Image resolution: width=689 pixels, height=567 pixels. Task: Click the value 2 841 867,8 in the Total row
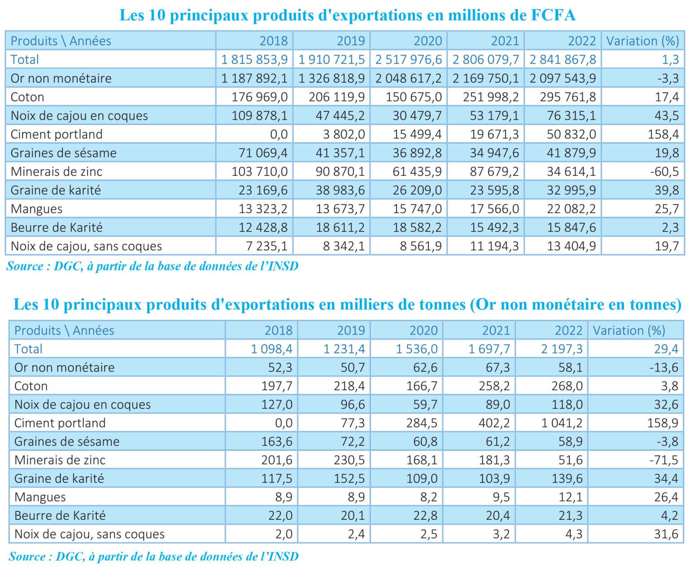563,60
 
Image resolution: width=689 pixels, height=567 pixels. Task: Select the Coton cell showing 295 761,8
568,97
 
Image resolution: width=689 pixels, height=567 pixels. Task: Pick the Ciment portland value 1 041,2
562,423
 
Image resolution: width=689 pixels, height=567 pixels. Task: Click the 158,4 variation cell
663,134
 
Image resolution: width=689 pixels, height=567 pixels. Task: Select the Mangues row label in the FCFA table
36,209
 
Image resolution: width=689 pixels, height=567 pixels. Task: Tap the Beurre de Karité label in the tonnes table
60,515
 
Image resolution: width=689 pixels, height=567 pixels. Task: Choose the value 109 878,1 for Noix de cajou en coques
259,116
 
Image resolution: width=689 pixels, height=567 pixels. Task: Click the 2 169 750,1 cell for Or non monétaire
485,79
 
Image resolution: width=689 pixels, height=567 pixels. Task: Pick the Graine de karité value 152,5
349,479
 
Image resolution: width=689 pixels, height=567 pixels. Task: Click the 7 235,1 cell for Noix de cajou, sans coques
266,246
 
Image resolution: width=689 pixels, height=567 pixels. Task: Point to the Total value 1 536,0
417,349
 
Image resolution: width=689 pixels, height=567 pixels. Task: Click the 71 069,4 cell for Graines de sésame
263,153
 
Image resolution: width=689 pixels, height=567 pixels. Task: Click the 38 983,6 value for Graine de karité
340,190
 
